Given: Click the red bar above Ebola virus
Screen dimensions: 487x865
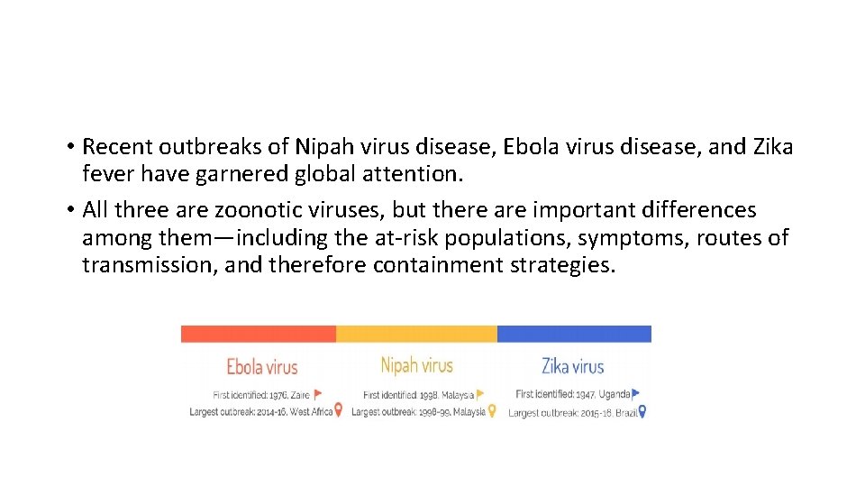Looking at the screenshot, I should click(259, 334).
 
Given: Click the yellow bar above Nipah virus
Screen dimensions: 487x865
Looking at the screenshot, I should click(416, 334).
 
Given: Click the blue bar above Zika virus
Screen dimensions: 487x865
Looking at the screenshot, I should click(574, 334).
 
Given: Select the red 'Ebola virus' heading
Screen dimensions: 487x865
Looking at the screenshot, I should click(261, 367).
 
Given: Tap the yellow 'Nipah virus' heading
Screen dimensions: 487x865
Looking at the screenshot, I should click(416, 365).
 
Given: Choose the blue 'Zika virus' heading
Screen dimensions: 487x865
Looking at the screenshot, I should click(572, 366).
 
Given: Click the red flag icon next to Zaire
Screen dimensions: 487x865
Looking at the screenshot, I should click(317, 394).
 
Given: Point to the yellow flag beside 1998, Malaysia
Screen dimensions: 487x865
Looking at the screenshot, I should click(480, 394).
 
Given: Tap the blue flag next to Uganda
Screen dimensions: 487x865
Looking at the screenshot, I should click(636, 394).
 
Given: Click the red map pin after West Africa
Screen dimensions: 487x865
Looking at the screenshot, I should click(338, 410).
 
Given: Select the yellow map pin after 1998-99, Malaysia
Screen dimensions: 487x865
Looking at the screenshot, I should click(492, 411).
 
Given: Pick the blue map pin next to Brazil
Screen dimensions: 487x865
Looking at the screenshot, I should click(642, 412).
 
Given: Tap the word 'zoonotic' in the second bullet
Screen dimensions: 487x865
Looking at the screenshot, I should click(255, 210).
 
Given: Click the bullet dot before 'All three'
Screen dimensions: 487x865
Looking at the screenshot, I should click(69, 211).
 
